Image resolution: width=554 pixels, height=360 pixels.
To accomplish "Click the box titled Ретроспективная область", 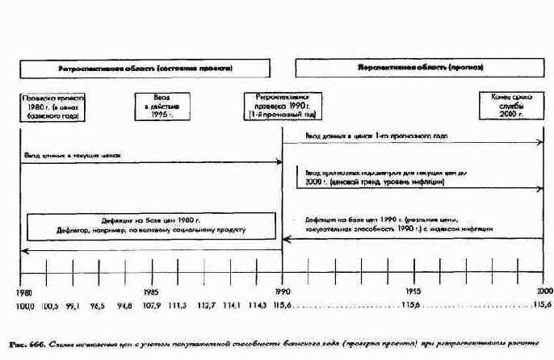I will tap(151, 69).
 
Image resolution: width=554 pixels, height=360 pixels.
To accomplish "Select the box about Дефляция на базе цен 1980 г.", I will tap(150, 225).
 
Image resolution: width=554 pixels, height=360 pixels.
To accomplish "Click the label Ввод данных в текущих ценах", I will tap(72, 154).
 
